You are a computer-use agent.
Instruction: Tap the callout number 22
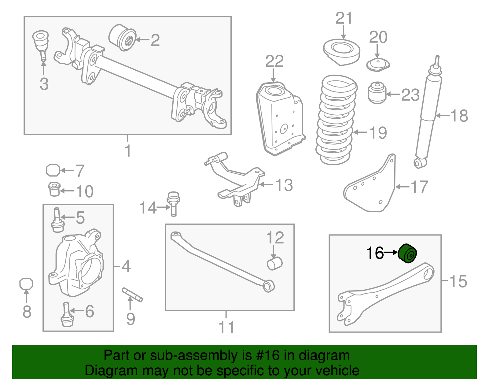tap(274, 62)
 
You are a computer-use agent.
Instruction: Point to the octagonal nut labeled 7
tap(53, 170)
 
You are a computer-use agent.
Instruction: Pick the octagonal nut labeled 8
tap(26, 284)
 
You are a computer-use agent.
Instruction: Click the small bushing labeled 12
tap(274, 263)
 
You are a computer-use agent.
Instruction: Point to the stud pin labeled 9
tap(132, 294)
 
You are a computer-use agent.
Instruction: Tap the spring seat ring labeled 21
tap(341, 51)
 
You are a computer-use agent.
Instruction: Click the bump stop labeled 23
tap(377, 92)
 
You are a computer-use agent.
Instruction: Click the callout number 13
tap(284, 185)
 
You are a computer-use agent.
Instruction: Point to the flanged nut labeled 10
tap(54, 189)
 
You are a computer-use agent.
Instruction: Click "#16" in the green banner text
tap(267, 355)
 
